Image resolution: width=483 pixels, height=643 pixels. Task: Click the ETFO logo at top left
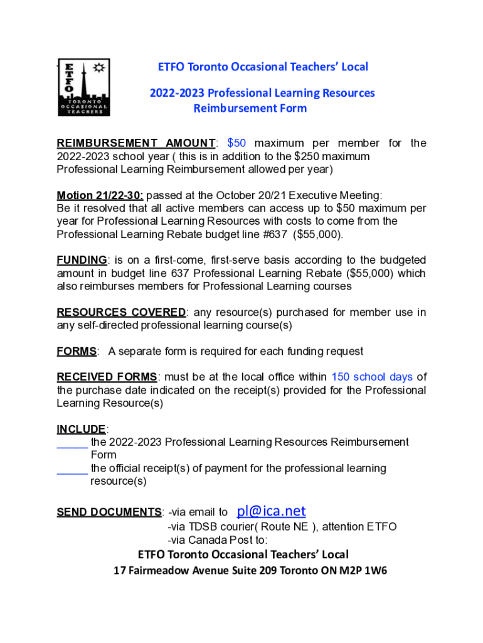click(84, 89)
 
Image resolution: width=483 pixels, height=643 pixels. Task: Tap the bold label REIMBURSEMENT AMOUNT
click(136, 143)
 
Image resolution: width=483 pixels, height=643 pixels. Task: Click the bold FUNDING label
click(82, 260)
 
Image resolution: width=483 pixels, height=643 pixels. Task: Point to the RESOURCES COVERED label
click(121, 312)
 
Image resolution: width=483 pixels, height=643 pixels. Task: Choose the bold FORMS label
click(77, 352)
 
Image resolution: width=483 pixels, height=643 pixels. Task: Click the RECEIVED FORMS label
click(107, 377)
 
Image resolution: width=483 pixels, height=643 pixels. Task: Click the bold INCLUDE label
click(82, 430)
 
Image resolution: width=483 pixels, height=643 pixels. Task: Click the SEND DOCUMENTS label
click(109, 512)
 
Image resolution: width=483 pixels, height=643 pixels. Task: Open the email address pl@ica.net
click(271, 511)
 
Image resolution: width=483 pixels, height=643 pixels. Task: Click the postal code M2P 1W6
click(359, 571)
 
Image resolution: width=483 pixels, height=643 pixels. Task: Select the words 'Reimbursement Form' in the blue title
click(250, 108)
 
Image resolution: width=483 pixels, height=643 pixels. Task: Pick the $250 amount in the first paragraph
click(307, 156)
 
